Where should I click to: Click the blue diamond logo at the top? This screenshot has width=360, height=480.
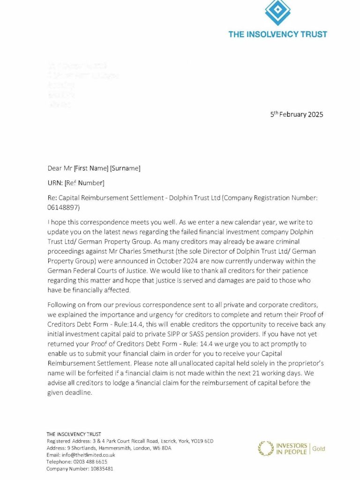pyautogui.click(x=278, y=11)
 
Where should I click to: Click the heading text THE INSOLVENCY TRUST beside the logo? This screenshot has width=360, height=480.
pyautogui.click(x=278, y=34)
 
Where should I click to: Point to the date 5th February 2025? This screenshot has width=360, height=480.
pyautogui.click(x=296, y=114)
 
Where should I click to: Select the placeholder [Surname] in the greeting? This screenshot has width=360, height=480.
pyautogui.click(x=125, y=168)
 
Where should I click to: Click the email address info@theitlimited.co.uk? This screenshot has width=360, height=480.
pyautogui.click(x=81, y=455)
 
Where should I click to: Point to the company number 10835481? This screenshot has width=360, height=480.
pyautogui.click(x=96, y=468)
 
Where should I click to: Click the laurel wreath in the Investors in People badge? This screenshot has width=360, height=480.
pyautogui.click(x=266, y=449)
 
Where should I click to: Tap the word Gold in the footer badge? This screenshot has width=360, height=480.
pyautogui.click(x=318, y=449)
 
